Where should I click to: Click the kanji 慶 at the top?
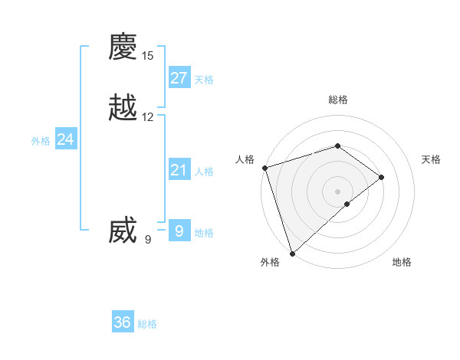tap(123, 47)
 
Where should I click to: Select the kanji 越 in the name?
tap(123, 107)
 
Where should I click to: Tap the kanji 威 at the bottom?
tap(123, 230)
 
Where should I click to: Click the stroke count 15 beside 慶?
tap(148, 56)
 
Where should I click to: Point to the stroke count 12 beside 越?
tap(148, 117)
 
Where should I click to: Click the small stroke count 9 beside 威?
tap(148, 240)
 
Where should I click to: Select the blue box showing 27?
tap(179, 77)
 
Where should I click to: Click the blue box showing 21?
tap(179, 170)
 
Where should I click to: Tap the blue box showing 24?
tap(66, 139)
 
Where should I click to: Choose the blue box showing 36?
tap(123, 322)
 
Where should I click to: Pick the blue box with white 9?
tap(179, 231)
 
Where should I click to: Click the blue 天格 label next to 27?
tap(204, 80)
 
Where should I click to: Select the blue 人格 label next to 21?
tap(204, 172)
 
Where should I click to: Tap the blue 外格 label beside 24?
tap(41, 141)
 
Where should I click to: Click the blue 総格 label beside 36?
tap(147, 325)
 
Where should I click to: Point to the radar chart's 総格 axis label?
tap(338, 100)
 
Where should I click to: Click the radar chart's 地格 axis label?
tap(402, 263)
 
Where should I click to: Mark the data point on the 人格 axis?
tap(264, 167)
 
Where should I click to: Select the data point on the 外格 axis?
tap(292, 252)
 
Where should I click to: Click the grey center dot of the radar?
tap(338, 191)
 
